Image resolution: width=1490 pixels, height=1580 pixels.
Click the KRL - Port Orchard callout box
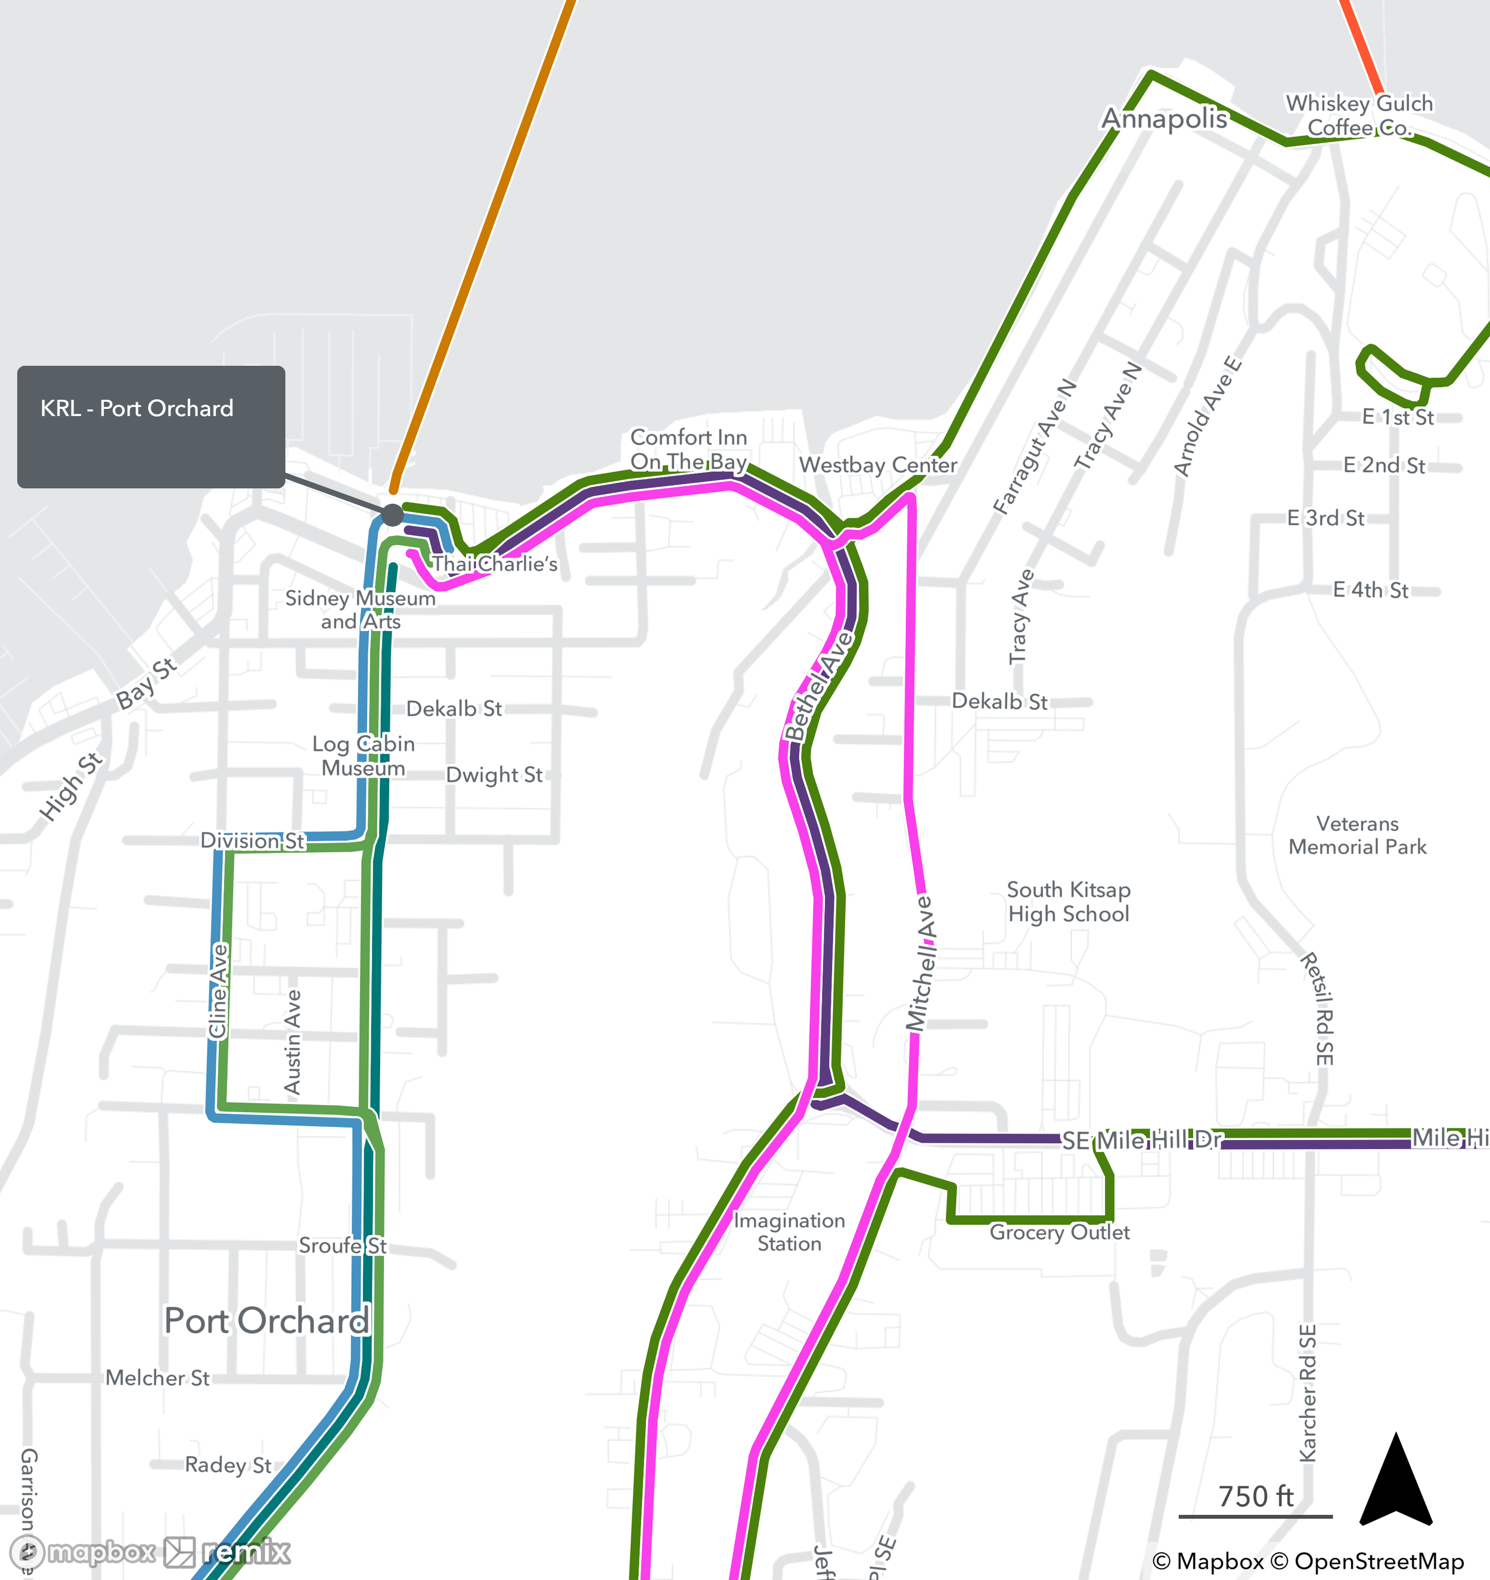point(151,427)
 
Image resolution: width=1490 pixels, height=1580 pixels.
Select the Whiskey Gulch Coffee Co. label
point(1359,115)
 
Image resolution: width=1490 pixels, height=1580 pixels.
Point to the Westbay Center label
point(877,465)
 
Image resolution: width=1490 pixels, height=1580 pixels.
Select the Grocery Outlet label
point(1058,1232)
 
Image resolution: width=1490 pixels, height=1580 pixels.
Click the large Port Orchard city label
point(266,1320)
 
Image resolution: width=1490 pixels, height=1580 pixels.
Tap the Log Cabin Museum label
point(363,756)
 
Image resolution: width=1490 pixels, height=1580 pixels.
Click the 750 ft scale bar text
point(1256,1497)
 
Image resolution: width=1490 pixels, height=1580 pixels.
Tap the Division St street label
point(252,840)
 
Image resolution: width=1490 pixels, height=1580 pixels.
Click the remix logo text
point(246,1551)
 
